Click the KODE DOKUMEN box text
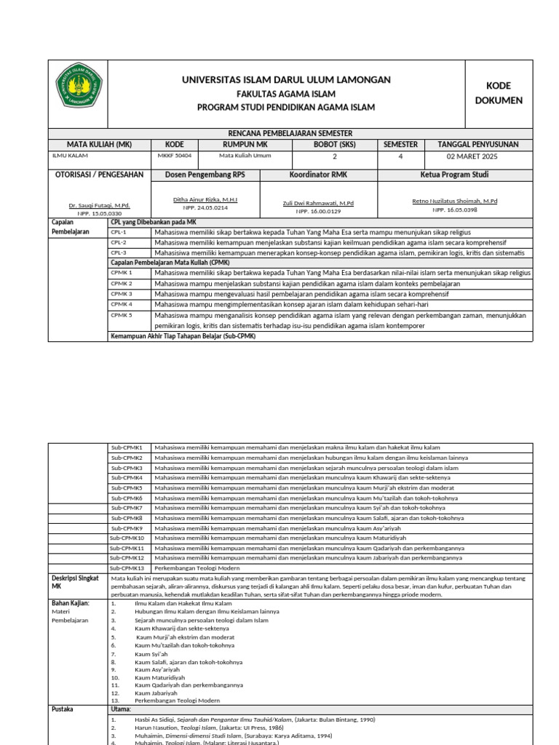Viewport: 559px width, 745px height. (x=499, y=93)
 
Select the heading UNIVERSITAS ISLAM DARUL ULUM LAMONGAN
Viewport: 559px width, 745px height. (x=286, y=79)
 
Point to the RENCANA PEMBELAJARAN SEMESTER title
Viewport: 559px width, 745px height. (x=290, y=133)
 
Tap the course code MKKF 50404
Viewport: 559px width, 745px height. (x=175, y=156)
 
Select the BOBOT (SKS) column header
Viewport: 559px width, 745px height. (x=335, y=144)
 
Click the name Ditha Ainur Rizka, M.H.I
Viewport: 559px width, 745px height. (x=205, y=199)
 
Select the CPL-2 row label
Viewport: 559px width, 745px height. (x=119, y=242)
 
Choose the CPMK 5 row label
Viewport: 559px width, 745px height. (x=121, y=315)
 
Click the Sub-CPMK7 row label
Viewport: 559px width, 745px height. (x=127, y=507)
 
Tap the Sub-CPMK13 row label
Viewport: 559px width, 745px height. (x=127, y=567)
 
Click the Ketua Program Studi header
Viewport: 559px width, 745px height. (x=454, y=175)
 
